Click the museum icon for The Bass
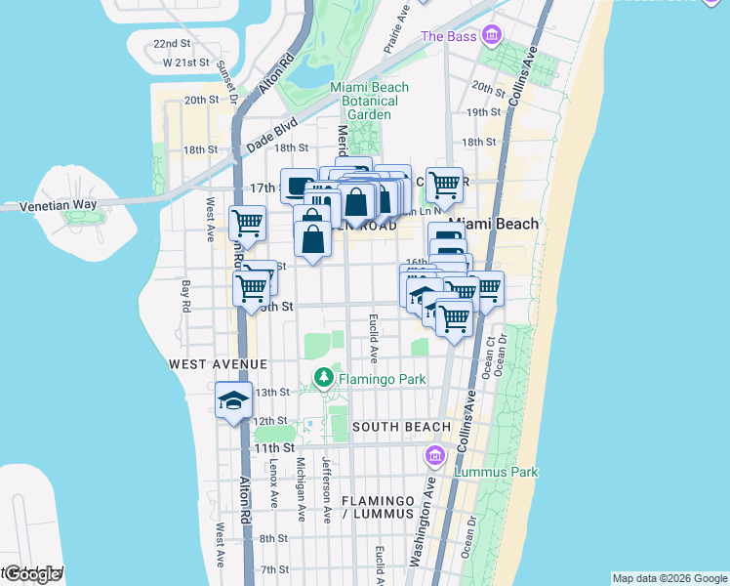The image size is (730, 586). point(492,37)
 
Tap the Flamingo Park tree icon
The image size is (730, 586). point(323,377)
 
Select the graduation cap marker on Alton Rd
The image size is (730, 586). point(233,400)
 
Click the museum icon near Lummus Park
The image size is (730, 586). point(435,455)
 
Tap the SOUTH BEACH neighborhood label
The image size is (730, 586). point(401,427)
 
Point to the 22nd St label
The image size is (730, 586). point(171,44)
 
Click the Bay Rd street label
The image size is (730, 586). point(185,296)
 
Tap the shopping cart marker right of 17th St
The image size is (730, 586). point(445,184)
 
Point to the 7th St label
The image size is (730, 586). point(274,569)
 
